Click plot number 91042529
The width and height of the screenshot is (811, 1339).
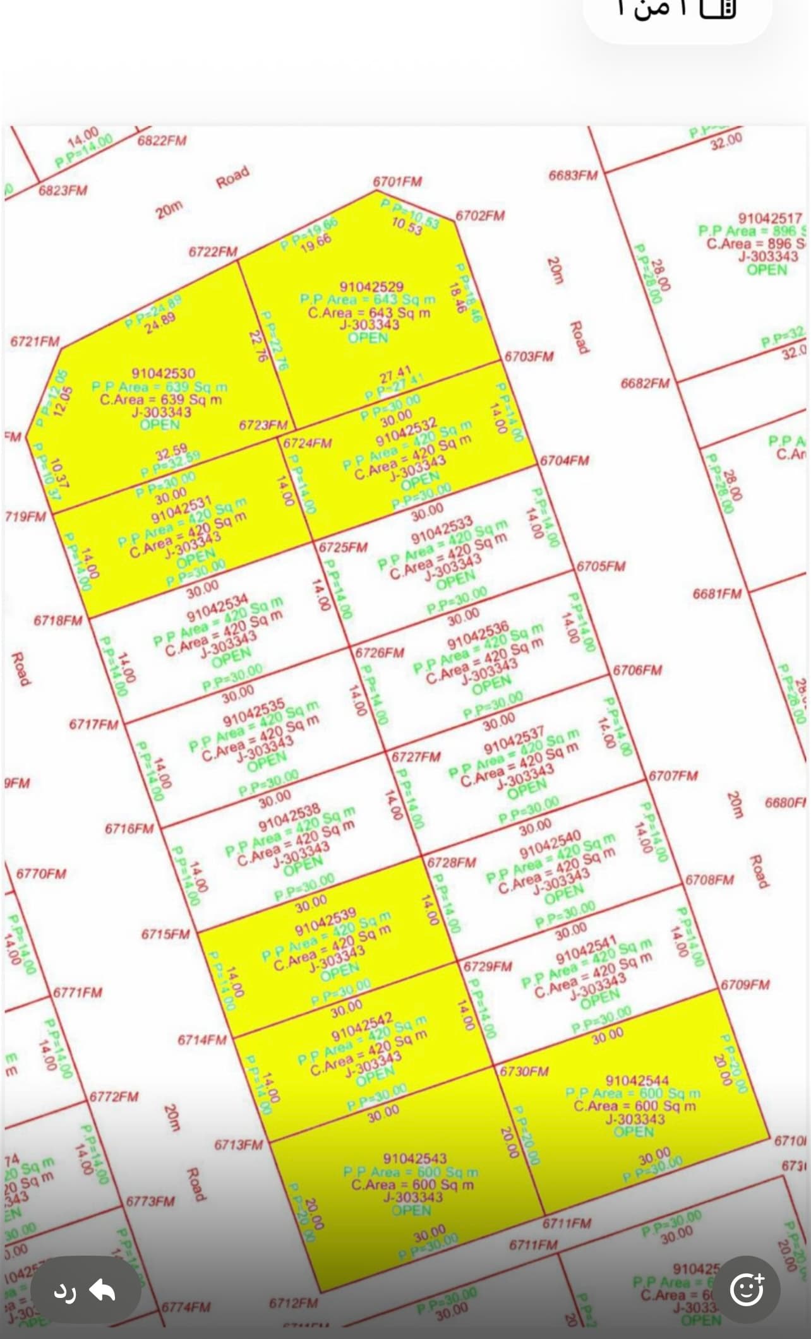coord(371,287)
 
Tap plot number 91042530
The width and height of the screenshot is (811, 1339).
coord(163,374)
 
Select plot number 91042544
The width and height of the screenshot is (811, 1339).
coord(637,1081)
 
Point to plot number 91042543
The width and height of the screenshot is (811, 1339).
coord(415,1158)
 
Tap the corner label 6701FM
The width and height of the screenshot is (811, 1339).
coord(397,182)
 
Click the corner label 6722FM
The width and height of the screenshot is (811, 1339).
coord(213,252)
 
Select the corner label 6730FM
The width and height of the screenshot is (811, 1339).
coord(524,1071)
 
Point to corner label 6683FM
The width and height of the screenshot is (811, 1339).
coord(573,175)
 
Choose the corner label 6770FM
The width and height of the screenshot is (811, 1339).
coord(41,874)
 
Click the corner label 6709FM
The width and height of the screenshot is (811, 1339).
coord(745,985)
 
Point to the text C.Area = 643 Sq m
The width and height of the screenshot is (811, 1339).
coord(369,312)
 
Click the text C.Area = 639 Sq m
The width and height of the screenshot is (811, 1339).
coord(161,400)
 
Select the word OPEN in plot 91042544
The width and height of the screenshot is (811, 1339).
coord(634,1132)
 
